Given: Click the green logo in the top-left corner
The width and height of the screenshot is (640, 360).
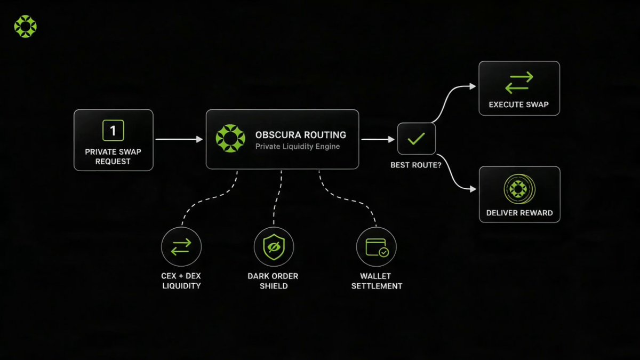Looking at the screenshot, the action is (x=26, y=26).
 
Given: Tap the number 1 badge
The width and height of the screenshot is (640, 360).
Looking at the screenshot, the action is (x=113, y=131).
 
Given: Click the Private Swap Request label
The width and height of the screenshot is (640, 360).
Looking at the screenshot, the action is (x=113, y=157).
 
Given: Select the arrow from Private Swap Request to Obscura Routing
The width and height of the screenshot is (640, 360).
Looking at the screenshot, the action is (x=179, y=139).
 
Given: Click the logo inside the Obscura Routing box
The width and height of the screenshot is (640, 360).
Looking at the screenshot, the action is (x=230, y=138).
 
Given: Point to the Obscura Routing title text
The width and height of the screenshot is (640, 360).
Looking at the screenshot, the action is (x=301, y=135).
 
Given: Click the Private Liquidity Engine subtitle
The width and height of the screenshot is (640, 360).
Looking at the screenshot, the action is (x=298, y=147).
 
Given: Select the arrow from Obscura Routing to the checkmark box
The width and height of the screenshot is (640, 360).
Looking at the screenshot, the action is (x=378, y=139).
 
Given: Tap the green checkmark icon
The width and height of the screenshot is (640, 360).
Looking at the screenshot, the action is (x=417, y=139).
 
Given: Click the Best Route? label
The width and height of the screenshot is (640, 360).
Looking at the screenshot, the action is (x=416, y=165).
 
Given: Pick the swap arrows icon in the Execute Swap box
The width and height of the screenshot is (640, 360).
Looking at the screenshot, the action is (x=519, y=83).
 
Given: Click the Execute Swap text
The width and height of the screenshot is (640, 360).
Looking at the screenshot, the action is (x=519, y=105).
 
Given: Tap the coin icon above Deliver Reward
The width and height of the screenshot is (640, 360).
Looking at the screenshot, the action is (x=519, y=189).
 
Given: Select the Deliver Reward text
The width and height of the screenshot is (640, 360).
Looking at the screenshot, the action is (x=519, y=213).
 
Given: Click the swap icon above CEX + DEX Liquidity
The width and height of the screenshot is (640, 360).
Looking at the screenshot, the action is (x=181, y=247).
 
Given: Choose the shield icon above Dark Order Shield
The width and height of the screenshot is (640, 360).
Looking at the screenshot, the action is (x=274, y=247).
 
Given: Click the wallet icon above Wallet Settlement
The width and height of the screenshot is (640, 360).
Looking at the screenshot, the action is (x=377, y=247).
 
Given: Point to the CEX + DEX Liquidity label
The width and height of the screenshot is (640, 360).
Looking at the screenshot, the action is (x=181, y=281).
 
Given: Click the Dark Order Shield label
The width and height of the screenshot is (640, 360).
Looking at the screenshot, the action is (x=273, y=281).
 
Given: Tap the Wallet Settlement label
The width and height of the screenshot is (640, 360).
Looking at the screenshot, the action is (x=377, y=281).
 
